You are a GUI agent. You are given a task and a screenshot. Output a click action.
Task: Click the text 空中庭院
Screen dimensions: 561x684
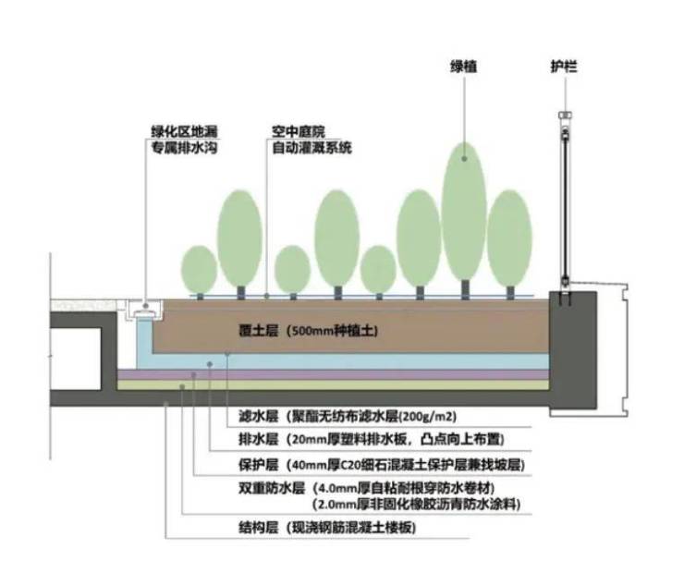[293, 132]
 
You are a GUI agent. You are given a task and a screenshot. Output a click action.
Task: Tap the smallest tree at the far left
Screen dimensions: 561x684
[199, 268]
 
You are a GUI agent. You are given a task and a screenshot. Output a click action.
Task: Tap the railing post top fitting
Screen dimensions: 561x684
[564, 117]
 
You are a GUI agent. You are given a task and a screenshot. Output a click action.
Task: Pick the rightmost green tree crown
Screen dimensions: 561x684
[509, 238]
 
